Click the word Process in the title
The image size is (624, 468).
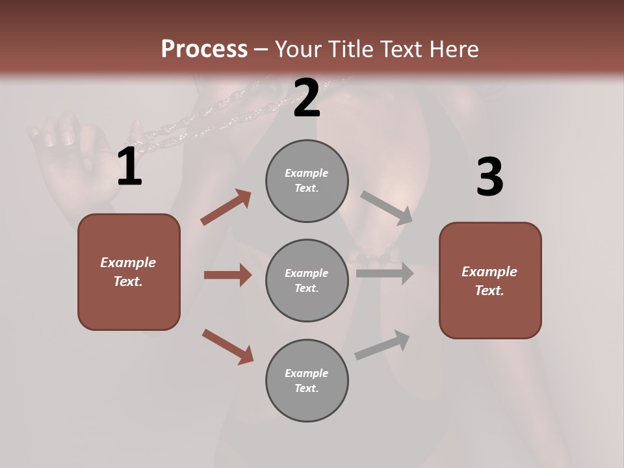204,49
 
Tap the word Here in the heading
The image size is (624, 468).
452,49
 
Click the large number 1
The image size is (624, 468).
129,167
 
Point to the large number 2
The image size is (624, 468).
307,98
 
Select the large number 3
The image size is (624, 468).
489,177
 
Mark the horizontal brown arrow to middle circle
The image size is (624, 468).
227,275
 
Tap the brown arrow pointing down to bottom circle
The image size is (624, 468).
227,346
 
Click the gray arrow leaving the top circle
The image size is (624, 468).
387,207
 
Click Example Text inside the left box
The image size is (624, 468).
128,272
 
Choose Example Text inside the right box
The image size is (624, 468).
489,281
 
